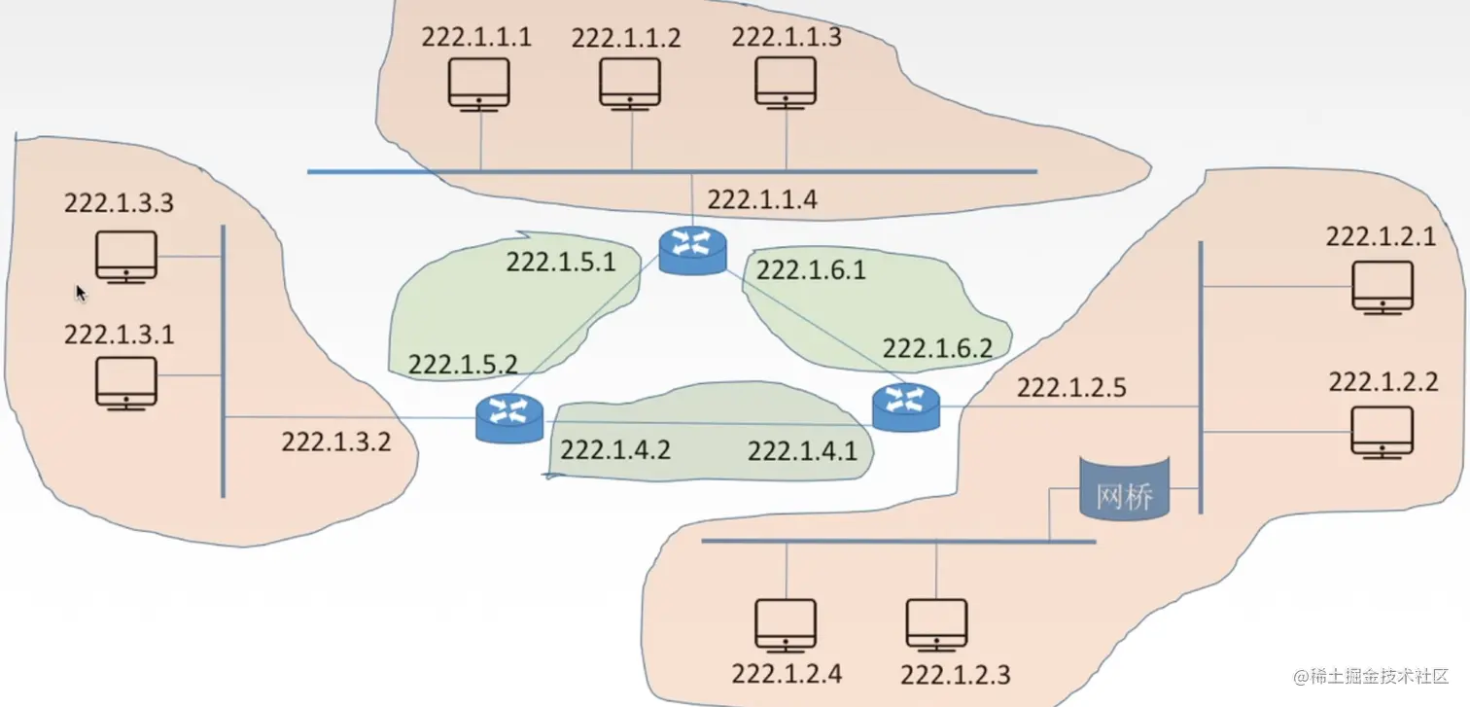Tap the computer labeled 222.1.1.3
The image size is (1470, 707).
coord(786,82)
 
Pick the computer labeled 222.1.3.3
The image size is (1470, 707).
coord(126,257)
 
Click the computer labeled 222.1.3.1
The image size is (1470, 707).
coord(126,382)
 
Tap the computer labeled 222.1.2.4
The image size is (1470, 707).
coord(786,624)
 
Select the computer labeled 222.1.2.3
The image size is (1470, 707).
coord(936,624)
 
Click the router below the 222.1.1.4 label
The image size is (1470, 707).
coord(692,250)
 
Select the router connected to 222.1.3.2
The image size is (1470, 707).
coord(509,419)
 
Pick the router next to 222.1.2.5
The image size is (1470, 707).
coord(906,407)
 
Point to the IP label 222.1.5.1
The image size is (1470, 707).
coord(560,263)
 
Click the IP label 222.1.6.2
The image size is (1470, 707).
coord(937,348)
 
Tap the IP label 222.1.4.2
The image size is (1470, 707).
coord(615,449)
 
